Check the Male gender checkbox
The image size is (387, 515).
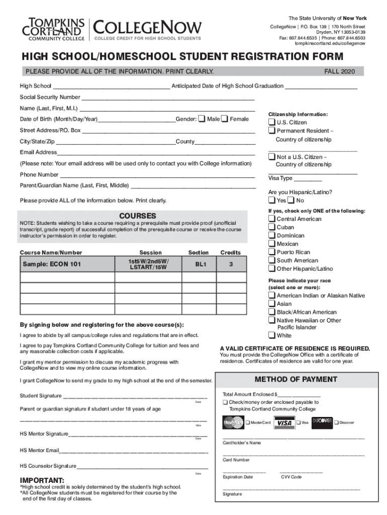202,119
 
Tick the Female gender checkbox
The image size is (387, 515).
225,119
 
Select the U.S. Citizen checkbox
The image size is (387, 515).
272,123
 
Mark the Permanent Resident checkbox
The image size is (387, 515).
272,131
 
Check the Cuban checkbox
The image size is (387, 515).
272,227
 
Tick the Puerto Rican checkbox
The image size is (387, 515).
272,252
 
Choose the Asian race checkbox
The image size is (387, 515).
272,304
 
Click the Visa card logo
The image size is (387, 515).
285,422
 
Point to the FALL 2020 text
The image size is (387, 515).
340,72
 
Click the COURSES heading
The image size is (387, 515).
134,216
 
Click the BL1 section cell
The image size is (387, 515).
198,264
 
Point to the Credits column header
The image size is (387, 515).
230,252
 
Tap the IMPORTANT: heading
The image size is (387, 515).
42,480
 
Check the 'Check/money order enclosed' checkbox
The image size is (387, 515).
225,403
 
